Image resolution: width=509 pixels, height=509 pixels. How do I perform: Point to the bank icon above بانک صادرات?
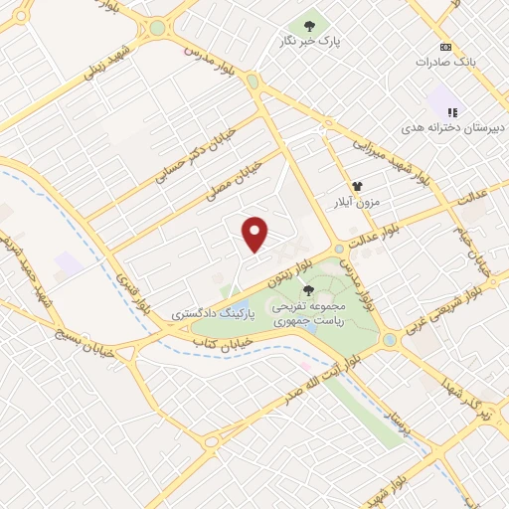click(445, 47)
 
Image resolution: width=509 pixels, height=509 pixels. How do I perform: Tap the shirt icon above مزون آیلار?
click(356, 185)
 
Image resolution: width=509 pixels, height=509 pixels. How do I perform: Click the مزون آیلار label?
click(356, 202)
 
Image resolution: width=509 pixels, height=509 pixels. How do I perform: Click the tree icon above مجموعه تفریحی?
click(308, 290)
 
